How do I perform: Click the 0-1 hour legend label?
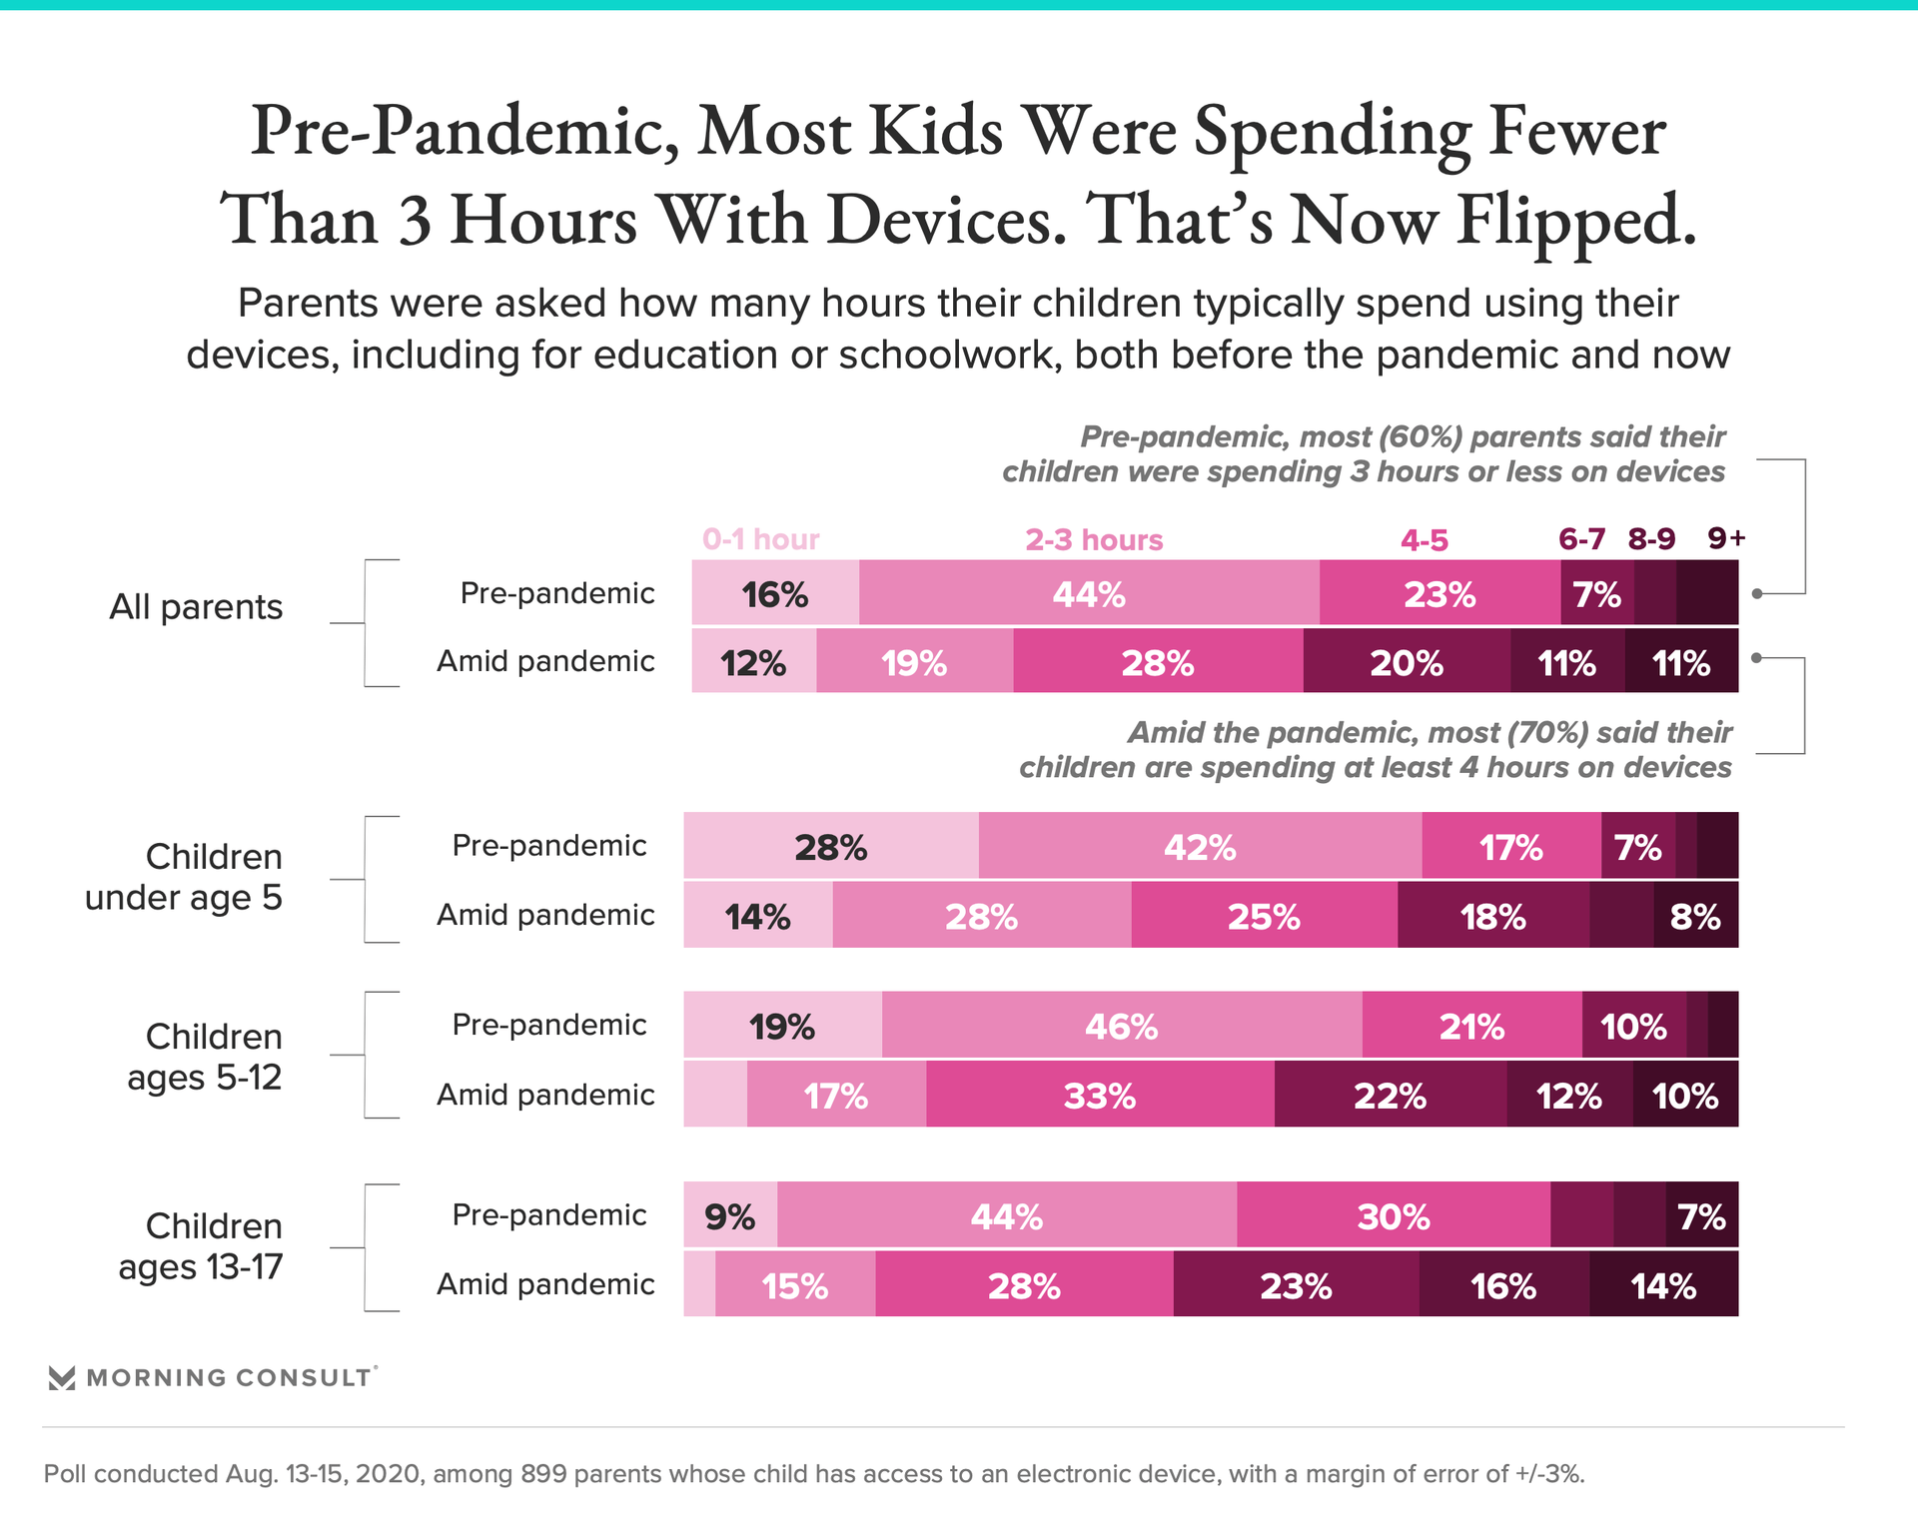pyautogui.click(x=760, y=540)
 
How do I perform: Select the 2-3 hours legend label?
pyautogui.click(x=1094, y=540)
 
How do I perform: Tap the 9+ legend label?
pyautogui.click(x=1726, y=538)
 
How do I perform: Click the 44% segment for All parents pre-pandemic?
pyautogui.click(x=1089, y=594)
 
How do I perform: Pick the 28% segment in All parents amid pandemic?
pyautogui.click(x=1158, y=662)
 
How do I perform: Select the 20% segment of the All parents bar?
pyautogui.click(x=1407, y=662)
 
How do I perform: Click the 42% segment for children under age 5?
pyautogui.click(x=1200, y=847)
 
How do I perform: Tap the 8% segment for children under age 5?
pyautogui.click(x=1695, y=916)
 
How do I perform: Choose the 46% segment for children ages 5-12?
pyautogui.click(x=1121, y=1026)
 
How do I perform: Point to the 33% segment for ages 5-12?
pyautogui.click(x=1100, y=1096)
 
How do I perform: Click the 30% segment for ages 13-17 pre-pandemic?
pyautogui.click(x=1394, y=1216)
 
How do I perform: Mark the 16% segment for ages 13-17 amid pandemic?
pyautogui.click(x=1503, y=1285)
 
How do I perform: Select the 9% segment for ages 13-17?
pyautogui.click(x=730, y=1216)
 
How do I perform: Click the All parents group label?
pyautogui.click(x=196, y=607)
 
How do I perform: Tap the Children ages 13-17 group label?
pyautogui.click(x=201, y=1246)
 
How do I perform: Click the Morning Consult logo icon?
pyautogui.click(x=62, y=1378)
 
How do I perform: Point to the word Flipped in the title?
pyautogui.click(x=1575, y=220)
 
